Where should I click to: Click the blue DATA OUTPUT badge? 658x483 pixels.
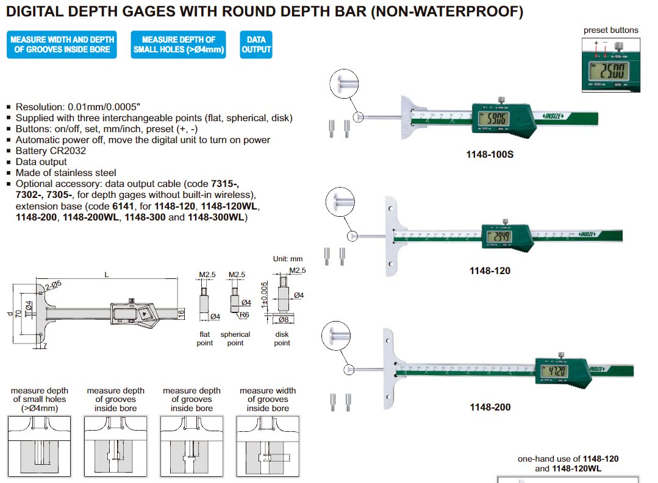point(256,44)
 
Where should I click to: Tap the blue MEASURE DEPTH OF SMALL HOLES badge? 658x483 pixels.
point(178,44)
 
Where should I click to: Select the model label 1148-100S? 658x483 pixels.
point(490,155)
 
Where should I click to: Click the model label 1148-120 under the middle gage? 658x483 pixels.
point(490,270)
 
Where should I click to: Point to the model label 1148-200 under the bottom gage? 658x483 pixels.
point(490,407)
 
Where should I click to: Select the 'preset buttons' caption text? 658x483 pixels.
point(611,30)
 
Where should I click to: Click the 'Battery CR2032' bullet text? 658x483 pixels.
point(51,151)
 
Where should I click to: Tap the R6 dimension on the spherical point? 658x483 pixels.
point(243,314)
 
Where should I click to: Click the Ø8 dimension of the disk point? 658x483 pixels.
point(284,319)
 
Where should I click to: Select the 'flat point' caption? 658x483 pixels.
point(205,339)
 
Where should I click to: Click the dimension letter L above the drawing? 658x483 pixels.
point(107,275)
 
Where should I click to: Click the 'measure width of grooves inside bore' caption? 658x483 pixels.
point(268,399)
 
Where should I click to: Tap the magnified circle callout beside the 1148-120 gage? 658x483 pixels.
point(339,201)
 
